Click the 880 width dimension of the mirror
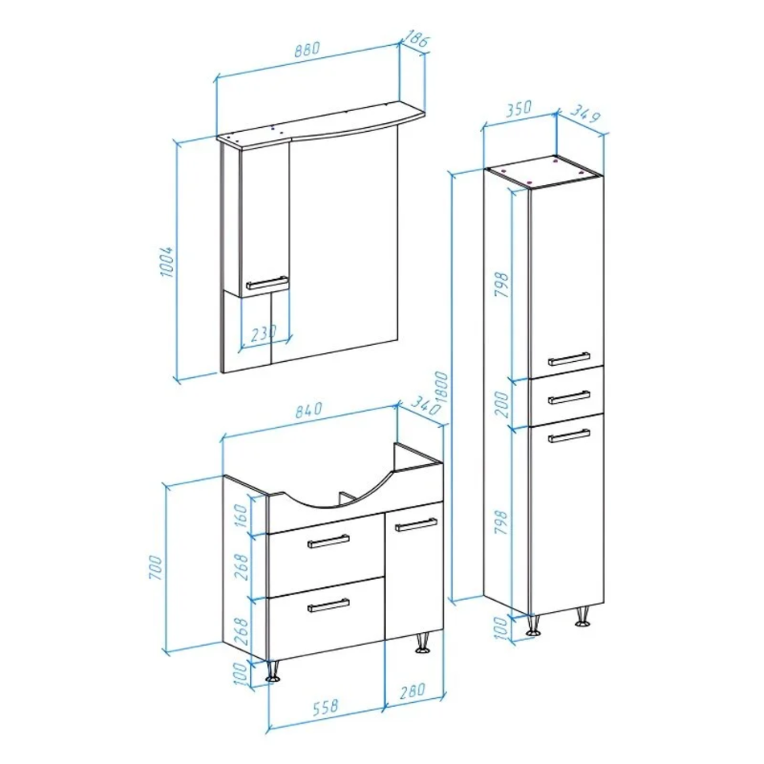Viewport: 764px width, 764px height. [308, 49]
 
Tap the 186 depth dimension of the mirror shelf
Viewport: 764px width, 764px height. [416, 38]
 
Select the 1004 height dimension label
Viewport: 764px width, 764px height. [166, 261]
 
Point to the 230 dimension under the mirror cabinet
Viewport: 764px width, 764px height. [264, 334]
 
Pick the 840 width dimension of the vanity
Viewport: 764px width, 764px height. [309, 409]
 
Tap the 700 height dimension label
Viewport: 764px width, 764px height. [155, 567]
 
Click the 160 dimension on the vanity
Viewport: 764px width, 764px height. [241, 515]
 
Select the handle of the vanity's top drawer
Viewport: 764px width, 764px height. [328, 541]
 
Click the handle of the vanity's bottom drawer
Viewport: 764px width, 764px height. [328, 605]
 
